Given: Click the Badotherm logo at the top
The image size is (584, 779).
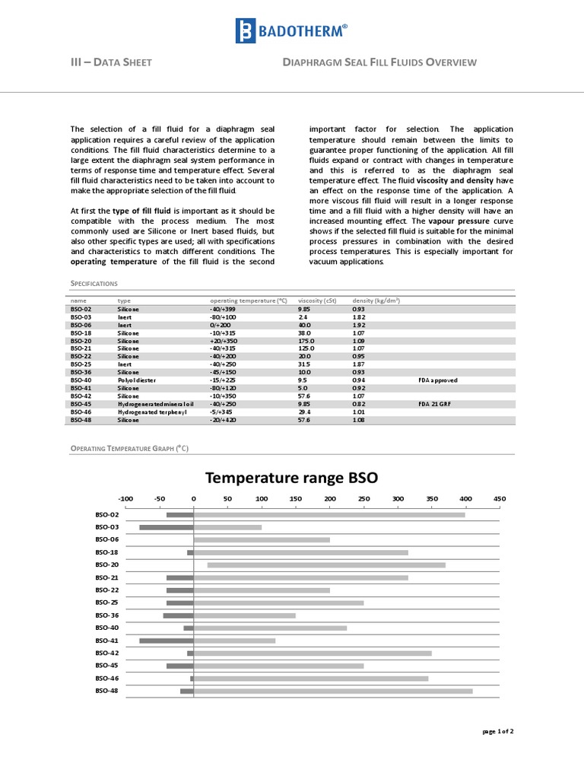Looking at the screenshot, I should click(x=291, y=31).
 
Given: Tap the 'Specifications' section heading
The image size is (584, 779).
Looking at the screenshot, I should click(x=94, y=283).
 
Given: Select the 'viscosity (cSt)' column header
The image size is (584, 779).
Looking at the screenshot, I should click(x=317, y=300).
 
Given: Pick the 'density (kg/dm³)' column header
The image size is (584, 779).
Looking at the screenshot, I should click(x=376, y=300).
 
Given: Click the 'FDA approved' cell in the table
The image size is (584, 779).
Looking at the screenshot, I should click(x=438, y=380).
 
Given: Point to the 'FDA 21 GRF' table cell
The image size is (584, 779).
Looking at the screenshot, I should click(x=435, y=403).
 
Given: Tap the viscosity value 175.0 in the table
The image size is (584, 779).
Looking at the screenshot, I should click(x=306, y=341).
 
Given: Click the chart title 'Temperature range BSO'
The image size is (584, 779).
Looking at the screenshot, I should click(x=292, y=478).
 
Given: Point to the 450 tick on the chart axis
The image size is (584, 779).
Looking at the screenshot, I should click(x=499, y=498).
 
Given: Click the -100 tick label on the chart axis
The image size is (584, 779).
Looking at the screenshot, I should click(x=125, y=498).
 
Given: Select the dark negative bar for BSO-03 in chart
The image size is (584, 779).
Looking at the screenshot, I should click(x=167, y=527).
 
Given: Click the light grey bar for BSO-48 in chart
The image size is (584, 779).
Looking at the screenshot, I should click(x=333, y=691).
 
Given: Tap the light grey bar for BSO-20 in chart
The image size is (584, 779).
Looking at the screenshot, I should click(x=326, y=565).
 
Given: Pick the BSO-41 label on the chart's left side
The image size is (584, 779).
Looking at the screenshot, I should click(x=107, y=641).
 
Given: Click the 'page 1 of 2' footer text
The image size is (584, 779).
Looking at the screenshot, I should click(x=498, y=731).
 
